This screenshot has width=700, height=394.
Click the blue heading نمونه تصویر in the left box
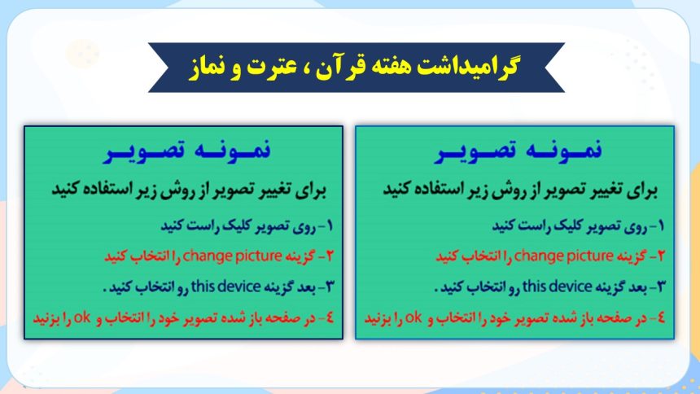point(187,151)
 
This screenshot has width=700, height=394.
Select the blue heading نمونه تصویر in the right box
point(518,151)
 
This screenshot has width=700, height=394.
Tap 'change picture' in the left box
point(232,256)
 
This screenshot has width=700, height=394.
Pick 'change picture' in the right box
point(563,256)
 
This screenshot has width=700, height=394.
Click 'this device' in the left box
point(225,287)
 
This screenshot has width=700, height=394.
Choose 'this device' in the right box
point(557,287)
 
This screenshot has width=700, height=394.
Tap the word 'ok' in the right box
point(413,317)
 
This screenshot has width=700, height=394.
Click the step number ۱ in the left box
point(330,226)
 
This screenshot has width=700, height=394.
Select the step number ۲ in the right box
point(661,256)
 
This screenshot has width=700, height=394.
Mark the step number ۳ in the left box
point(330,287)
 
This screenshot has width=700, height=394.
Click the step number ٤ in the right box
point(661,317)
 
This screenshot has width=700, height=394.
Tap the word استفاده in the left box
point(105,189)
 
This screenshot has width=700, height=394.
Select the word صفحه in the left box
point(282,318)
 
